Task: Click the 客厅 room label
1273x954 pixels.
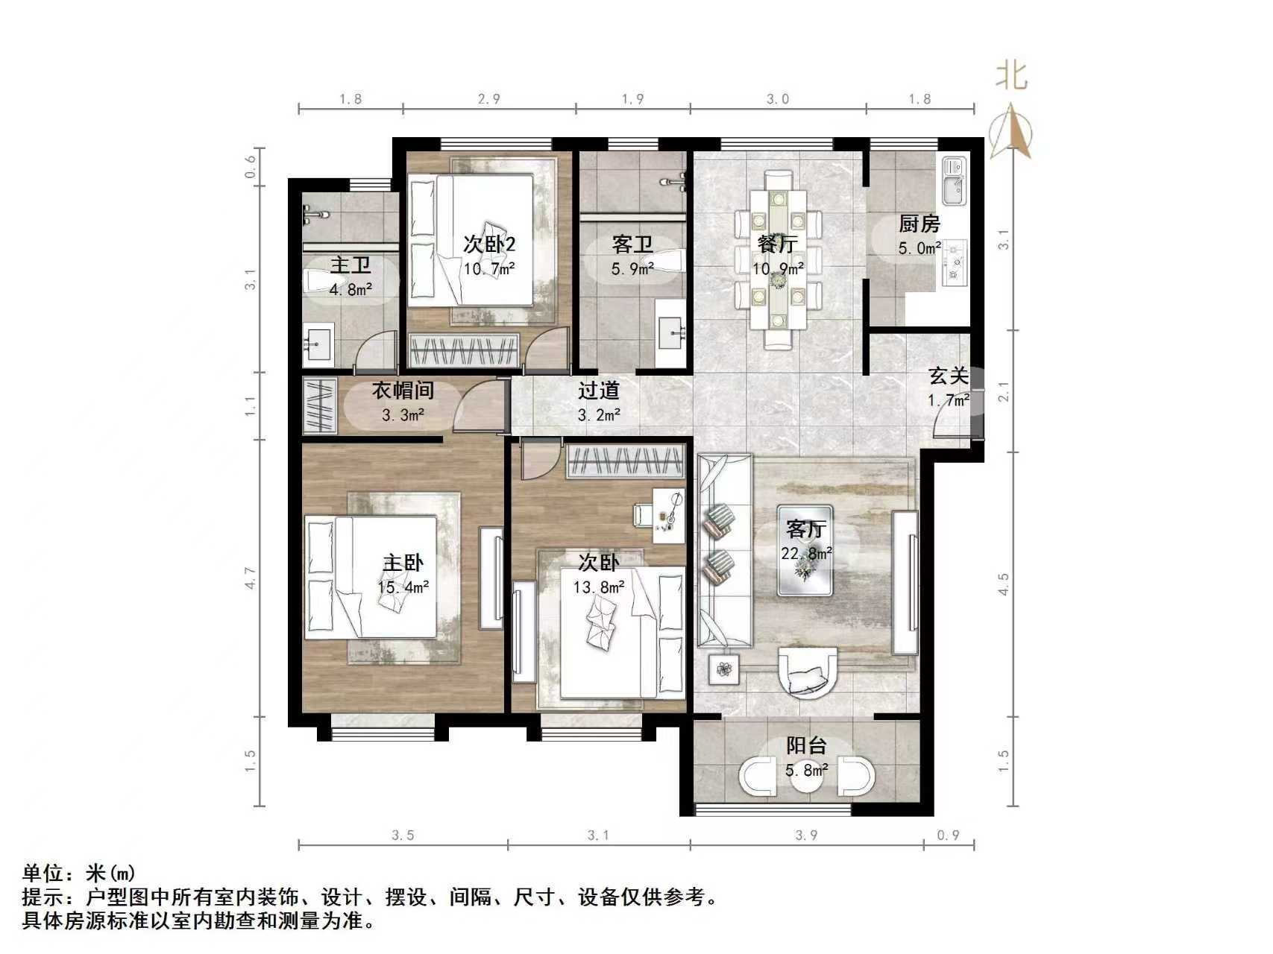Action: click(x=806, y=529)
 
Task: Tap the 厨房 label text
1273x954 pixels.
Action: click(x=919, y=224)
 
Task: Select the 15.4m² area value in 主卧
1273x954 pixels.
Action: click(x=403, y=587)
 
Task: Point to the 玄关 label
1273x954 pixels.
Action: click(x=948, y=376)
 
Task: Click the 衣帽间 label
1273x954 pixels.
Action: click(x=403, y=390)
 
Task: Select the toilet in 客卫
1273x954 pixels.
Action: click(x=670, y=262)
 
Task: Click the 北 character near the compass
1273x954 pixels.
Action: click(x=1011, y=75)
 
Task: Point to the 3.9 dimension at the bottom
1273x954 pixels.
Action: click(x=805, y=835)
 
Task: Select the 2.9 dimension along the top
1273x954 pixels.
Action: click(x=488, y=99)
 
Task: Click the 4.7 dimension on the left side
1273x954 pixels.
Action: click(x=251, y=578)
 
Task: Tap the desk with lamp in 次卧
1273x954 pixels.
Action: click(x=668, y=515)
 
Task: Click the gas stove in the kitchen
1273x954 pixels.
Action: click(x=954, y=262)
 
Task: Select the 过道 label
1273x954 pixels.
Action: click(x=598, y=390)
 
